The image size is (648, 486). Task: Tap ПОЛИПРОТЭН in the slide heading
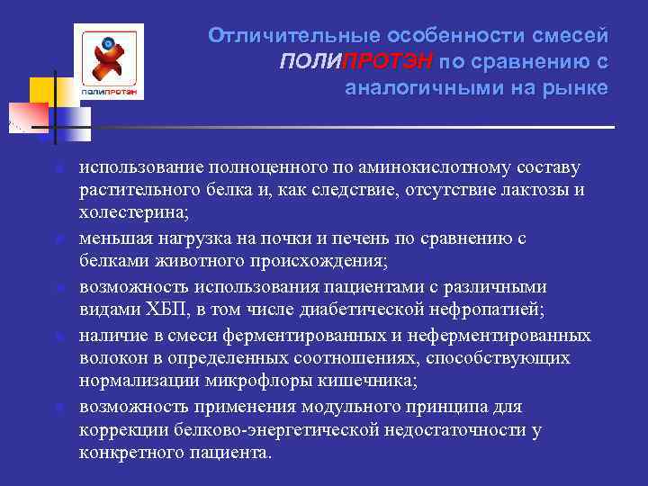[x=357, y=61]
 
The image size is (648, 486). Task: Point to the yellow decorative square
[x=44, y=93]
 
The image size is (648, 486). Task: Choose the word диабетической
[x=346, y=310]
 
